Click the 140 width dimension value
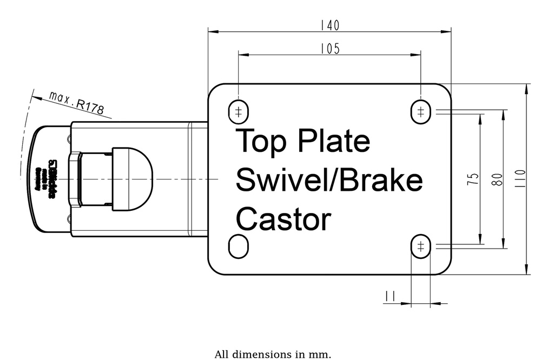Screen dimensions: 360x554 tap(329, 25)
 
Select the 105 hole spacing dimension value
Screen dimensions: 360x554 tap(329, 49)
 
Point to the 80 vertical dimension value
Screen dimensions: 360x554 tap(497, 179)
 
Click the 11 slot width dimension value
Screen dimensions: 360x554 tap(390, 296)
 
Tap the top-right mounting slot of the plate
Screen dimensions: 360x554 tap(420, 111)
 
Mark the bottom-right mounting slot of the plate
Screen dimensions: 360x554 tap(420, 247)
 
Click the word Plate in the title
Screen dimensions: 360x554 tap(333, 142)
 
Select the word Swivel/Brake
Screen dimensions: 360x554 tap(329, 181)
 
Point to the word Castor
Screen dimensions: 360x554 tap(283, 219)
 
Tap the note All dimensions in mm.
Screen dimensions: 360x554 tap(273, 355)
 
